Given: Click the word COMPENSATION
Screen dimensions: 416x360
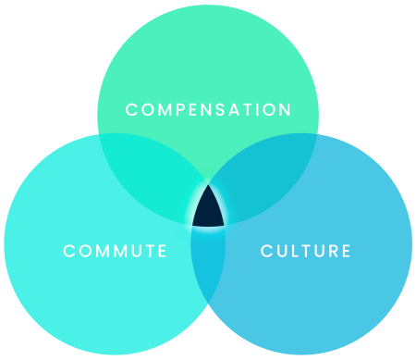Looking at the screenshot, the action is [x=208, y=110].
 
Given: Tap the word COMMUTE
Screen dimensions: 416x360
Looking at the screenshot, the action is [x=115, y=251].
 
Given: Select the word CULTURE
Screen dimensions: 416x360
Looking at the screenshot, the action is [x=306, y=251].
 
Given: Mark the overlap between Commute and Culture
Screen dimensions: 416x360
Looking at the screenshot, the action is [x=209, y=268].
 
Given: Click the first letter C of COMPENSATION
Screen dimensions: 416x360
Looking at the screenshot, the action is [x=131, y=110].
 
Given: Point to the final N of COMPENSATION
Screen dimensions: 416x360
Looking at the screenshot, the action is [x=286, y=110].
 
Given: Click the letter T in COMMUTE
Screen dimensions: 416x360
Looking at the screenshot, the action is [x=148, y=251].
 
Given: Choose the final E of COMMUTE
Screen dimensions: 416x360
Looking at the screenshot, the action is [x=163, y=251].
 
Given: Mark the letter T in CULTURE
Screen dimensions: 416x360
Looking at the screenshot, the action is [x=306, y=251].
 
